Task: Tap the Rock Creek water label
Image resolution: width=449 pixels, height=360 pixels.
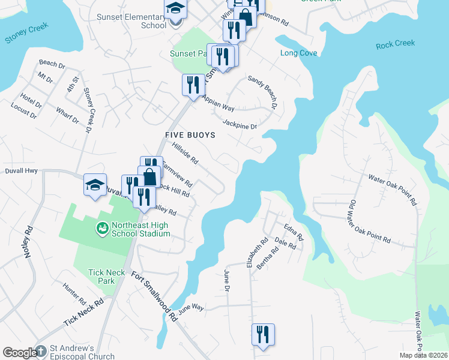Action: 395,44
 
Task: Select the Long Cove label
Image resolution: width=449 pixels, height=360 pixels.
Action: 298,53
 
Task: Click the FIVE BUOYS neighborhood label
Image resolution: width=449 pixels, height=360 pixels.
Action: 191,135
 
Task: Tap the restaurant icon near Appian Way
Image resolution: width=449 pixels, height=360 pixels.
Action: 193,85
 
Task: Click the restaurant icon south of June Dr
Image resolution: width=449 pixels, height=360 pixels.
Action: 262,334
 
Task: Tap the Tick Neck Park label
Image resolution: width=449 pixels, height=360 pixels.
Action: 106,277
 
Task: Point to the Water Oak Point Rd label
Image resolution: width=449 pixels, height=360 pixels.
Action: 393,187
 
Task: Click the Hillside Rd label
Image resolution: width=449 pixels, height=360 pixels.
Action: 185,152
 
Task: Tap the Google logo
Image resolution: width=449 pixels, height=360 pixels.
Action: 20,353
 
